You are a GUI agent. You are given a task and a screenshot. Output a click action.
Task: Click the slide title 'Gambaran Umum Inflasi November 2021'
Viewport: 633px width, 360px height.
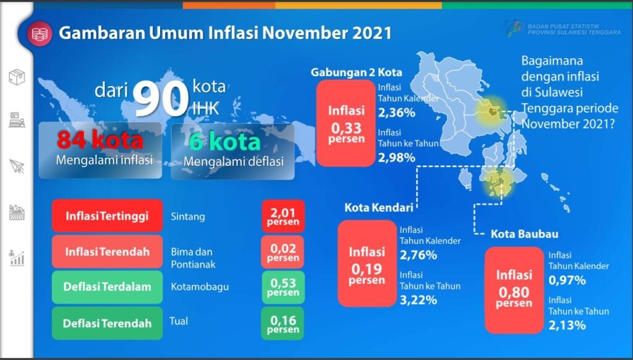(225, 32)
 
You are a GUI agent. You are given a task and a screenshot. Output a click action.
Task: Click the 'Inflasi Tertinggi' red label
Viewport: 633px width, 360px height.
(108, 216)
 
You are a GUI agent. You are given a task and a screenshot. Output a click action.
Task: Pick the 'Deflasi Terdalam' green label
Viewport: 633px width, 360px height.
(108, 287)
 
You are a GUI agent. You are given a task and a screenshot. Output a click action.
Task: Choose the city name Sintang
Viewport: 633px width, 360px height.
(187, 217)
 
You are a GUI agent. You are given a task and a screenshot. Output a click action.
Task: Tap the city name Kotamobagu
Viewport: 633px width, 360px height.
(196, 287)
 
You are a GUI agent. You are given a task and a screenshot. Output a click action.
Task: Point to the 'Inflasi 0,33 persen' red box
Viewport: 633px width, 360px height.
(346, 124)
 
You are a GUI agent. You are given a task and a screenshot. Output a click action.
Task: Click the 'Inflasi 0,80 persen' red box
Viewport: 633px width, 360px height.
(514, 289)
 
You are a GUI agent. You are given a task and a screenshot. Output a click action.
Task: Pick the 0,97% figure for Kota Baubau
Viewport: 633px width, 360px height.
(567, 280)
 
